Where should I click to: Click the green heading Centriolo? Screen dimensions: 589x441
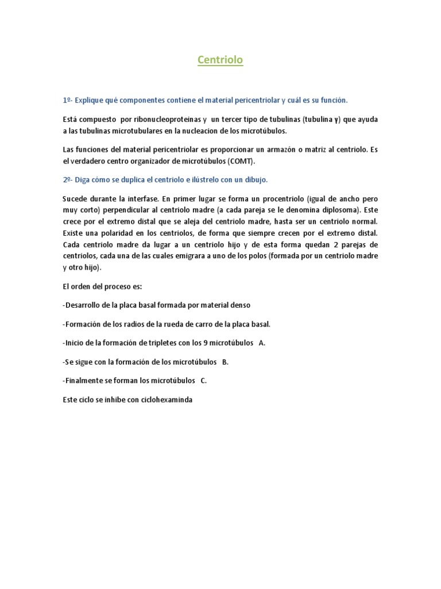coord(220,60)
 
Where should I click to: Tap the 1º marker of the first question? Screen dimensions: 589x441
coord(67,100)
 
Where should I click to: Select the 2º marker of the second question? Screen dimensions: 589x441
coord(67,179)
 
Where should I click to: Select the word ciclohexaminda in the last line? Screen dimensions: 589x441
coord(167,400)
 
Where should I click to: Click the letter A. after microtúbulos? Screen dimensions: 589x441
coord(262,343)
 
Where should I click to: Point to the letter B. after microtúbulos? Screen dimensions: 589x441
coord(225,362)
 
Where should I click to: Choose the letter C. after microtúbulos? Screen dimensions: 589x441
coord(203,381)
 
